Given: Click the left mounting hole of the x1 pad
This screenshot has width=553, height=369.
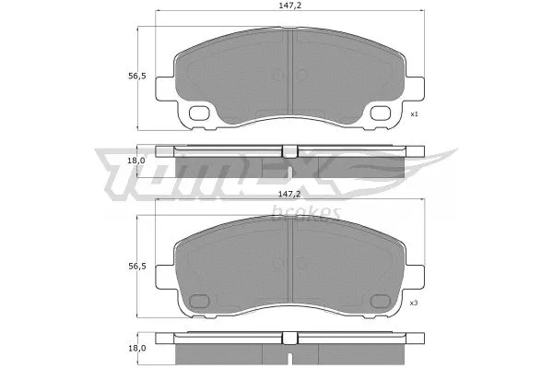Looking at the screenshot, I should click(x=199, y=114).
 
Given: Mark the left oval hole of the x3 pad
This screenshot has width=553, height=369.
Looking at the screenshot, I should click(x=199, y=301).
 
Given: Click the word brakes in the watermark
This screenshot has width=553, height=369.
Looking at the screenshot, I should click(x=307, y=213).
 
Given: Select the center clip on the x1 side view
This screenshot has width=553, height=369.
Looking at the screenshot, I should click(x=289, y=151).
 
